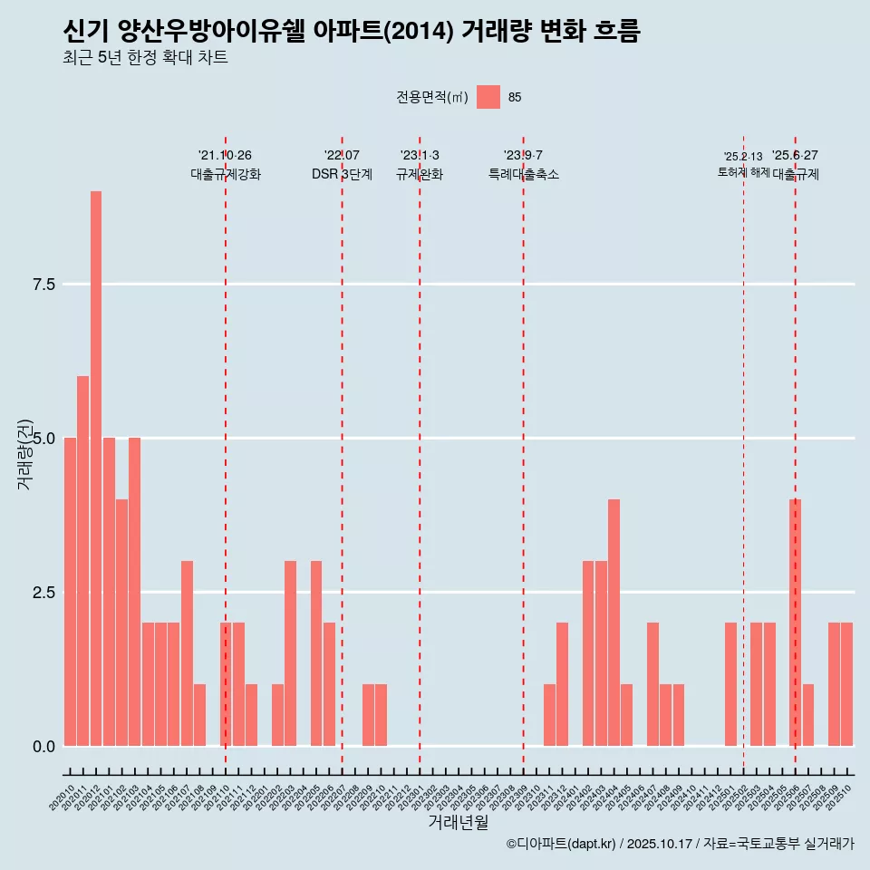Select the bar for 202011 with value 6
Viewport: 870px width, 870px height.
[82, 561]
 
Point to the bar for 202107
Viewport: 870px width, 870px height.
[187, 653]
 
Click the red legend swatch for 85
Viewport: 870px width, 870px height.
[488, 97]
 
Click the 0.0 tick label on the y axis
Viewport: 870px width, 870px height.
[43, 747]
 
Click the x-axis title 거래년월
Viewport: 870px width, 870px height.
[458, 823]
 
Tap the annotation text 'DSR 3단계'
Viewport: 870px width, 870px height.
[342, 175]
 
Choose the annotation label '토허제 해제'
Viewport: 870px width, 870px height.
[743, 172]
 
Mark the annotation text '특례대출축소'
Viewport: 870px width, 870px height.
[523, 175]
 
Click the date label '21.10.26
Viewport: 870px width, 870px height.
[225, 155]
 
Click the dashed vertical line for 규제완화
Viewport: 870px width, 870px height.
[420, 453]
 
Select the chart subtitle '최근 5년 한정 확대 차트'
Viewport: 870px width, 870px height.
[145, 58]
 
